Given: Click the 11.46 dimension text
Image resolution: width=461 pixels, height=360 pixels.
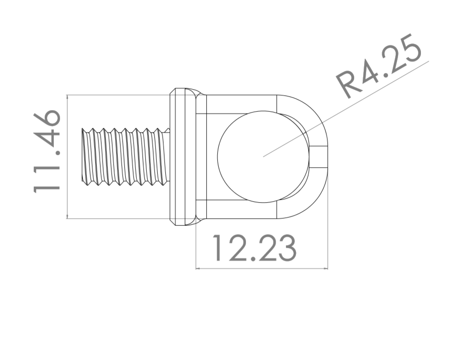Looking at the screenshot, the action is tap(46, 152).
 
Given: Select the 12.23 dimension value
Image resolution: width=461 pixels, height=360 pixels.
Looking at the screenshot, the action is tap(254, 247).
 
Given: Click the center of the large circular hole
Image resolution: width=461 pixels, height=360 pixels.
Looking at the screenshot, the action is tap(263, 156).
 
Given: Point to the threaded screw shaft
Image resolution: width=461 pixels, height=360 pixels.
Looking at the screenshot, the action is tap(126, 157).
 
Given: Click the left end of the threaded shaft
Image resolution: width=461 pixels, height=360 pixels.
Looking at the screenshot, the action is tap(82, 157).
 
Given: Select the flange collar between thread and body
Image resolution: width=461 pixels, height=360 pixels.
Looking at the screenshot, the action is tap(182, 156).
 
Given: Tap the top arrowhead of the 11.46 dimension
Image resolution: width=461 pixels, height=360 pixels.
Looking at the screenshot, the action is tap(67, 96).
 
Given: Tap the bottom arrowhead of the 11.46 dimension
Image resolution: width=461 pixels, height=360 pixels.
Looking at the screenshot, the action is tap(67, 217).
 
